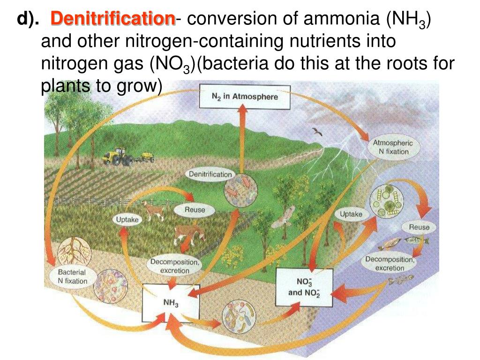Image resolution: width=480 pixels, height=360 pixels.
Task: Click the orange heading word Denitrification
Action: tap(113, 19)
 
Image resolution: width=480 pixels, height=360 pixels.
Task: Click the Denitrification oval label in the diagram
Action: tap(210, 174)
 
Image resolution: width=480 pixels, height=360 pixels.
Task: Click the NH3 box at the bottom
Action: tap(171, 302)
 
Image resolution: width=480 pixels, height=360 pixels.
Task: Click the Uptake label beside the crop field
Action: tap(127, 219)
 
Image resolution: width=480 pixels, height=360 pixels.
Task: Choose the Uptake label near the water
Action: tap(351, 214)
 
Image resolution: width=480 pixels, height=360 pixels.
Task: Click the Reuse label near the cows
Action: tap(195, 210)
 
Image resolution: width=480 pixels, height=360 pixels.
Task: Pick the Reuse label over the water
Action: tap(419, 227)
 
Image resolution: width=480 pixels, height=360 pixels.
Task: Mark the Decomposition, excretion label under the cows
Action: tap(175, 266)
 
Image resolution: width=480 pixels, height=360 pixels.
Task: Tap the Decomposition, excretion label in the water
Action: tap(390, 263)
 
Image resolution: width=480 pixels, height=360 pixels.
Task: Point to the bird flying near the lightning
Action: tap(318, 133)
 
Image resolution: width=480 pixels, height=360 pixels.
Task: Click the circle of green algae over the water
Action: tap(388, 202)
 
